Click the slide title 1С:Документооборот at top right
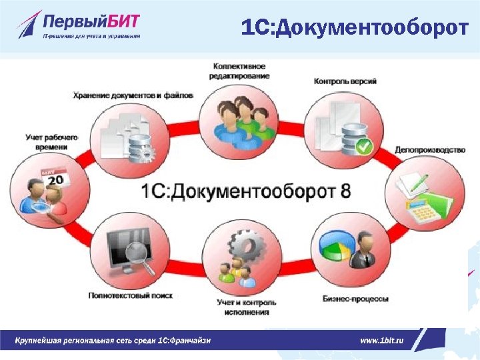[354, 27]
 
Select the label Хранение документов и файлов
[133, 95]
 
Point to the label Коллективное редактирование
[239, 71]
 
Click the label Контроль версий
[345, 81]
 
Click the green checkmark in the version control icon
[363, 146]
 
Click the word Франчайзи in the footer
[189, 340]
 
